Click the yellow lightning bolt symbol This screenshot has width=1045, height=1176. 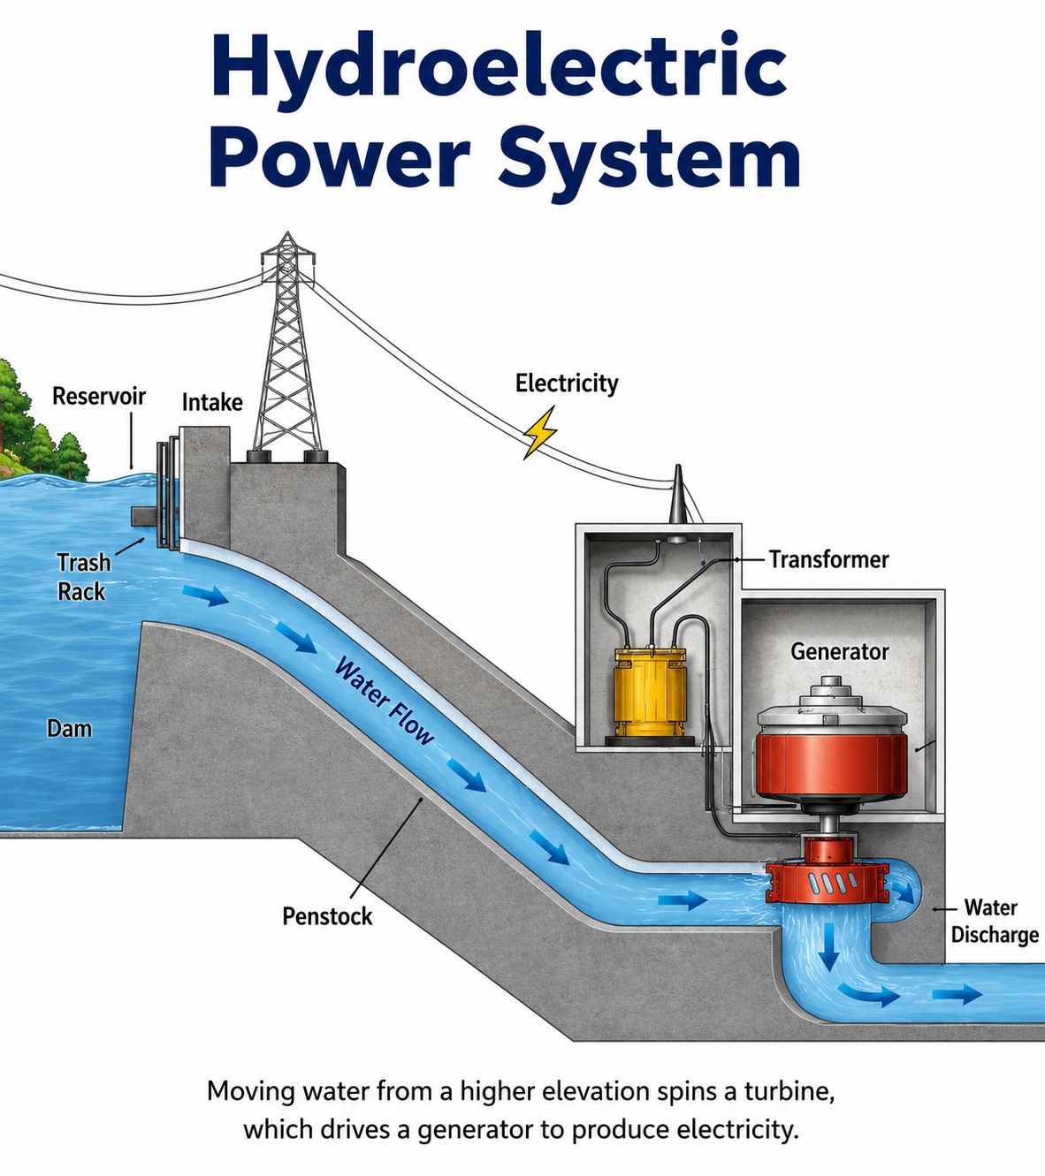539,432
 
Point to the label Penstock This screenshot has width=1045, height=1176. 327,916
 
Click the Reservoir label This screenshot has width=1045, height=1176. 99,396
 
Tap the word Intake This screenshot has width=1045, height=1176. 212,402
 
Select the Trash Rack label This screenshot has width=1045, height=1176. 84,576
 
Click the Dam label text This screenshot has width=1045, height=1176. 69,728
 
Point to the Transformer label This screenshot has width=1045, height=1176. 829,559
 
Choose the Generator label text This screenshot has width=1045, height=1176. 839,651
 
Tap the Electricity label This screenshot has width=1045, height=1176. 567,383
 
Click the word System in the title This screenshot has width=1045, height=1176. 649,159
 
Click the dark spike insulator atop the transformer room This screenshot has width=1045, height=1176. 677,493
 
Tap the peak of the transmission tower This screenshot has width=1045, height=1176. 287,232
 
